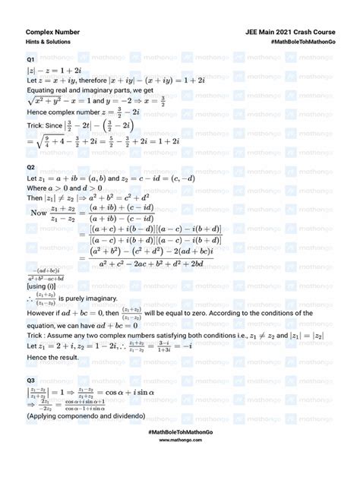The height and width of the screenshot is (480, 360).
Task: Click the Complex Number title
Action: click(52, 33)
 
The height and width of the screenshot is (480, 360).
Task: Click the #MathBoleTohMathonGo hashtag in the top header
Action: click(302, 44)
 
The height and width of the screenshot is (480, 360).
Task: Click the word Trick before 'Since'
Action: click(37, 124)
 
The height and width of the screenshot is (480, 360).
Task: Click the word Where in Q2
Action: click(39, 187)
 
